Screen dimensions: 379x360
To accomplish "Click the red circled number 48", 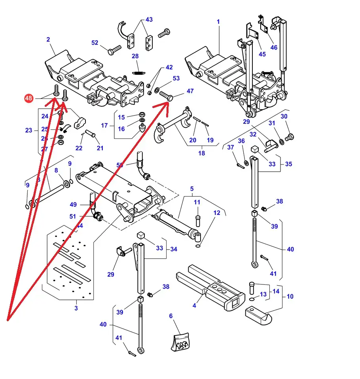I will pos(28,98).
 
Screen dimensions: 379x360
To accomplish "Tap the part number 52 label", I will pos(95,43).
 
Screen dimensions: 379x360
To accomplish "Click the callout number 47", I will pos(190,91).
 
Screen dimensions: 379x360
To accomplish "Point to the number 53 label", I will pos(176,78).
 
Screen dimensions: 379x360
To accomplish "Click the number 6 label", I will pos(171,316).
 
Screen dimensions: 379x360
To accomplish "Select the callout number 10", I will pos(290,296).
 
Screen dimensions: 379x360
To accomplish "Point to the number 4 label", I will pos(194,305).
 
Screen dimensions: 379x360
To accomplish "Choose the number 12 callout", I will pos(217,213).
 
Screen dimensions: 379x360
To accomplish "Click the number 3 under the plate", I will pos(76,308).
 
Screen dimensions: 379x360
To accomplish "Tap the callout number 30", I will pos(284,116).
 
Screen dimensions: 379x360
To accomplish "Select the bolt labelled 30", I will pos(290,137).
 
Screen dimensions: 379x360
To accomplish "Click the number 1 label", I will pos(218,22).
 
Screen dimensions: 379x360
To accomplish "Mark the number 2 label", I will pos(48,40).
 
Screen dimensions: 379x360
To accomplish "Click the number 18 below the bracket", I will pos(202,153).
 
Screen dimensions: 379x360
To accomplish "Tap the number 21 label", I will pos(100,148).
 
